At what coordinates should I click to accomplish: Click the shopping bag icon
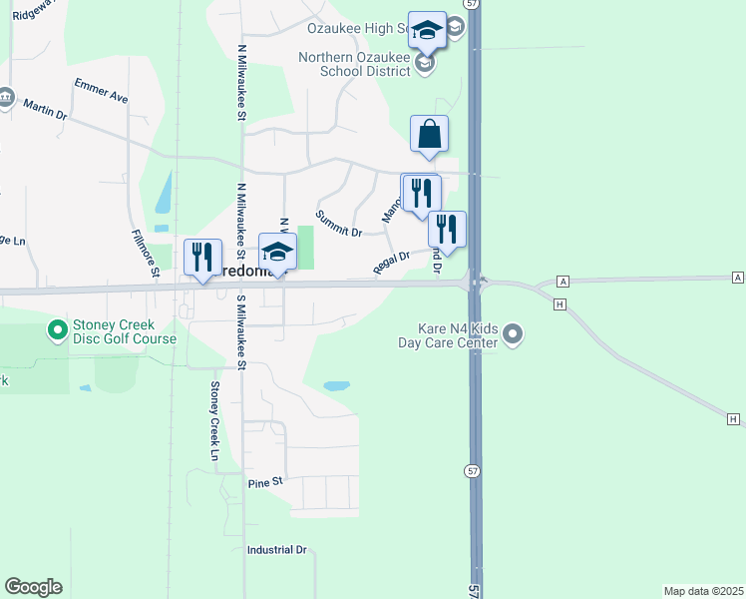(x=429, y=134)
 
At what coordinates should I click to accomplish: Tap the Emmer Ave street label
(x=102, y=91)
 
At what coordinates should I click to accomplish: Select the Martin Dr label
(x=45, y=109)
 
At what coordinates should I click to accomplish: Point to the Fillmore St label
(x=146, y=253)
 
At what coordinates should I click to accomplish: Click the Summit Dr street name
(x=338, y=224)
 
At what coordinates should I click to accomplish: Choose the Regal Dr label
(x=391, y=262)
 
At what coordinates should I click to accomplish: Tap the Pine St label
(x=265, y=482)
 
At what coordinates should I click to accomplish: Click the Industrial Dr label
(x=277, y=550)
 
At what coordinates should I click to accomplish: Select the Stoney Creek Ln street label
(x=213, y=420)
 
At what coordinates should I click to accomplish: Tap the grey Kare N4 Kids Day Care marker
(x=513, y=333)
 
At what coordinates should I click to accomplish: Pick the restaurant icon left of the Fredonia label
(x=202, y=258)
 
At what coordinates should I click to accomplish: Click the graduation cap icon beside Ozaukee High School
(x=427, y=30)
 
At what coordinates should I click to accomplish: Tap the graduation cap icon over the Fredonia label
(x=278, y=252)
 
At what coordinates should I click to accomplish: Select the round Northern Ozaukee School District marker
(x=425, y=64)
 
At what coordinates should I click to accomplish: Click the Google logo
(x=33, y=587)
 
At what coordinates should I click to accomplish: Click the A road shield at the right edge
(x=737, y=276)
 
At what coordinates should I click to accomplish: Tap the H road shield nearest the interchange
(x=560, y=302)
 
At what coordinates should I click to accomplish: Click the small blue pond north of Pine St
(x=337, y=385)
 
